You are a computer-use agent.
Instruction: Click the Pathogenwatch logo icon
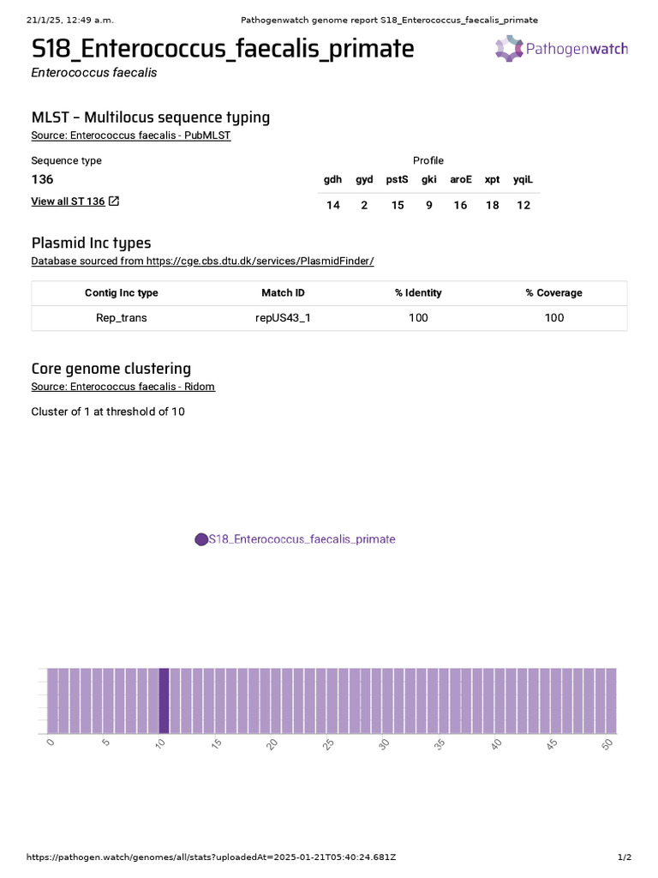[x=508, y=48]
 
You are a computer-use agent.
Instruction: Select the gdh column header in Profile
[x=332, y=179]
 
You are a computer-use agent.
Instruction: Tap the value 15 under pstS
[x=398, y=206]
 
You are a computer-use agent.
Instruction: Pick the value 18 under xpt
[x=492, y=206]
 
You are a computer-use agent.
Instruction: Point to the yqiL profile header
[x=523, y=179]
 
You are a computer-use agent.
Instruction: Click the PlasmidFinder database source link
[x=202, y=261]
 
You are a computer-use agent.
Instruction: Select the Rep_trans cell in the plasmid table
[x=122, y=318]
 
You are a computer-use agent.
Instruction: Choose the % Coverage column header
[x=553, y=293]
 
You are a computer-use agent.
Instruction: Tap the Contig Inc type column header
[x=122, y=293]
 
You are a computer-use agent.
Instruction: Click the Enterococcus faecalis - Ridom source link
[x=123, y=387]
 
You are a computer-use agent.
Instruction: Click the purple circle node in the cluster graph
[x=201, y=539]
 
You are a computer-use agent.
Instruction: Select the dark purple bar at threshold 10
[x=164, y=701]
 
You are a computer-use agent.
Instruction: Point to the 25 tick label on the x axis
[x=328, y=743]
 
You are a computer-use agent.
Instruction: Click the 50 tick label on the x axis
[x=607, y=743]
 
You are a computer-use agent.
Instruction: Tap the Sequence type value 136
[x=42, y=179]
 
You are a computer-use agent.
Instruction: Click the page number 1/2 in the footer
[x=624, y=857]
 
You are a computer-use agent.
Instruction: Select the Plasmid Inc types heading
[x=91, y=243]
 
